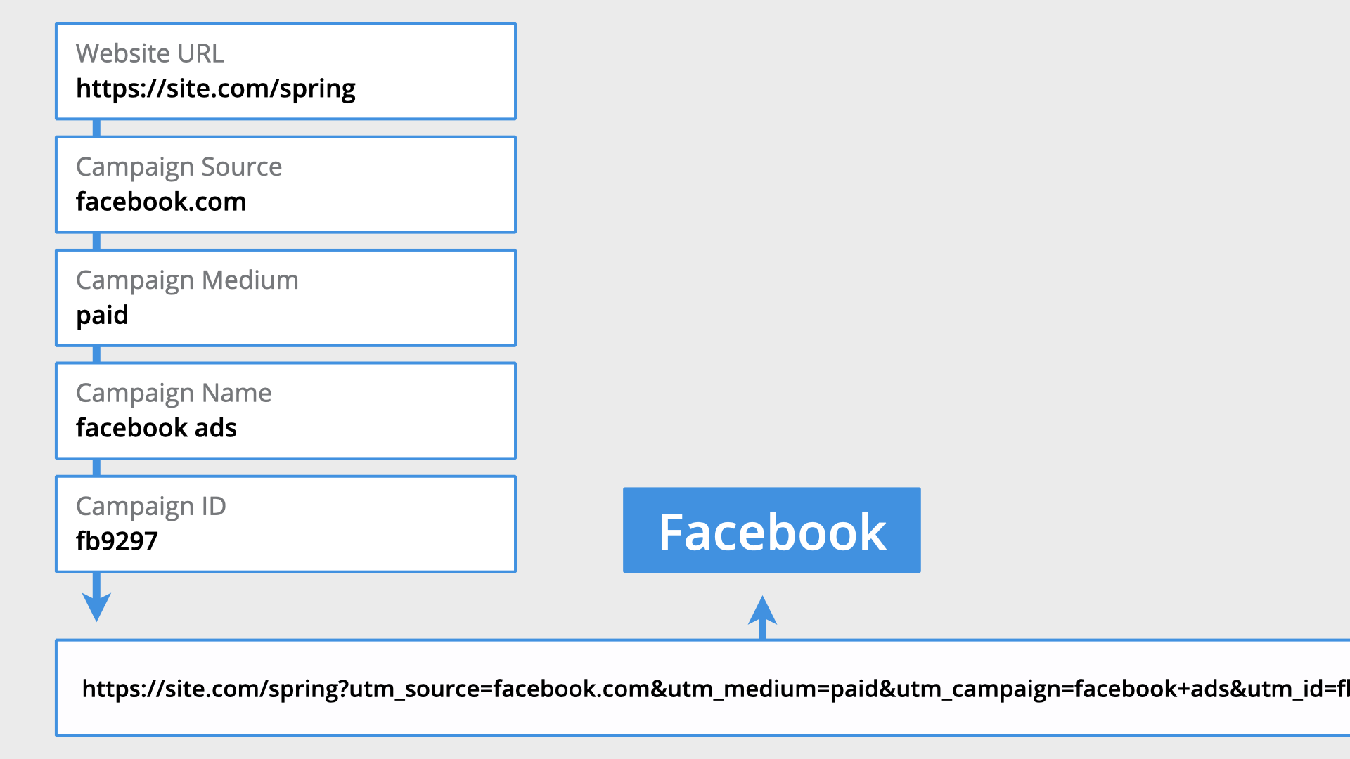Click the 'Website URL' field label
click(150, 53)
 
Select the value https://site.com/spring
click(215, 89)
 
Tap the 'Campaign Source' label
click(179, 167)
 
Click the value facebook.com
click(161, 202)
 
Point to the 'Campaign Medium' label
click(187, 280)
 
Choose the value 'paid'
click(102, 316)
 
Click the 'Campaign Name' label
click(174, 394)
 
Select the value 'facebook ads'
click(156, 428)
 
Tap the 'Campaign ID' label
click(150, 507)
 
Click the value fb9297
click(117, 541)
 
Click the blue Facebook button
click(771, 531)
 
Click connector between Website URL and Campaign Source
click(96, 128)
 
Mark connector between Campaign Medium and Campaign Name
click(96, 354)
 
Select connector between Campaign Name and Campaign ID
click(96, 467)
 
